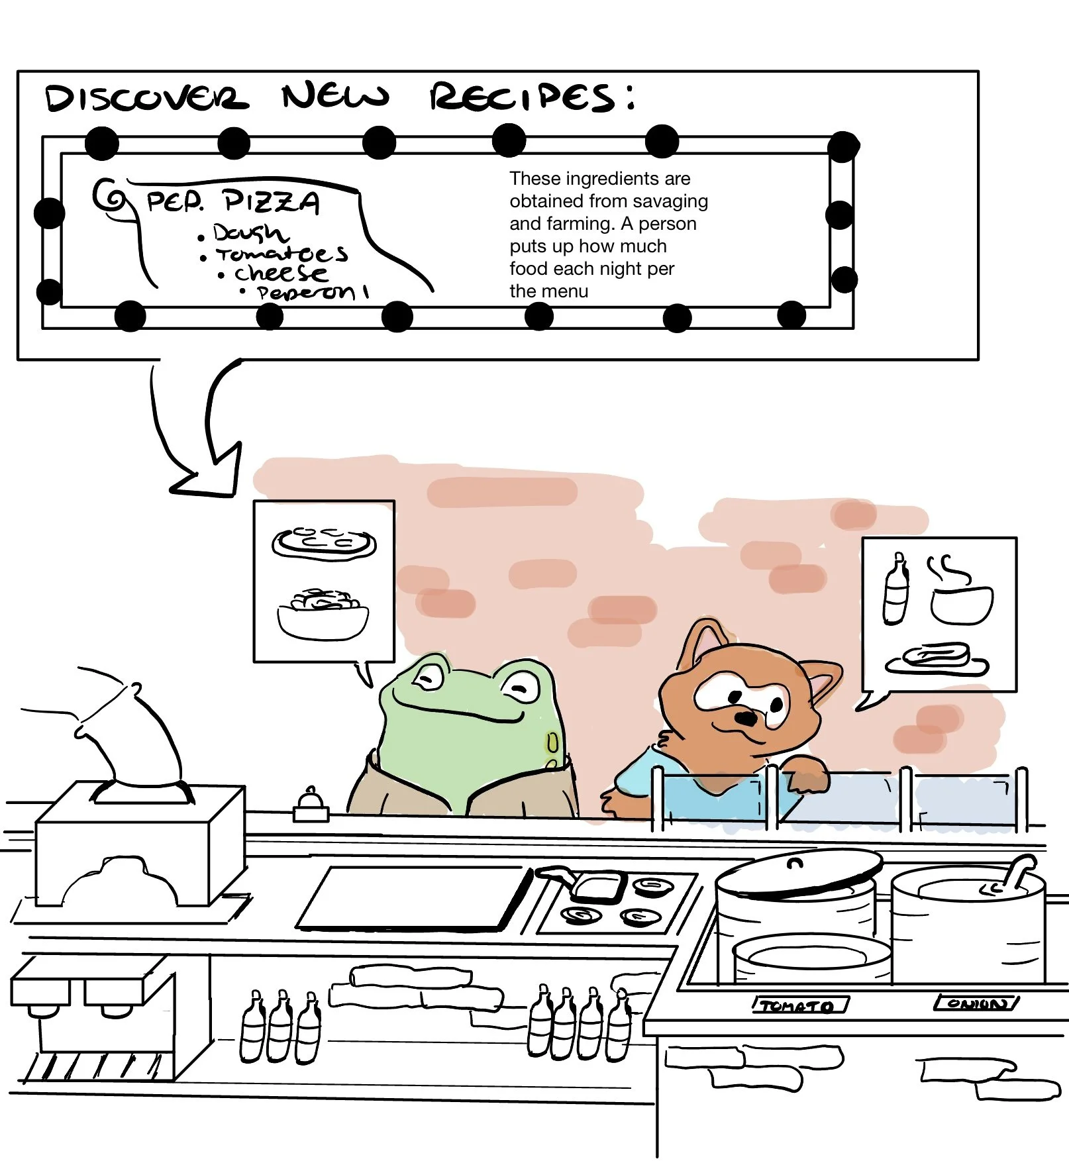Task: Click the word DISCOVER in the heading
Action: tap(146, 98)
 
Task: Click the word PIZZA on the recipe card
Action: tap(272, 201)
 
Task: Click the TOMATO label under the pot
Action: tap(799, 1006)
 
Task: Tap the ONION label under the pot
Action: tap(976, 1003)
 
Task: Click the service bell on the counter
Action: tap(311, 803)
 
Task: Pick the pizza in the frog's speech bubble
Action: tap(324, 543)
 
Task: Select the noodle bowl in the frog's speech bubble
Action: tap(323, 615)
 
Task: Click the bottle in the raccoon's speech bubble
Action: tap(895, 589)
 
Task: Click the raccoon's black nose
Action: tap(746, 718)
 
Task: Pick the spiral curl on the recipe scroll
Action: tap(109, 195)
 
